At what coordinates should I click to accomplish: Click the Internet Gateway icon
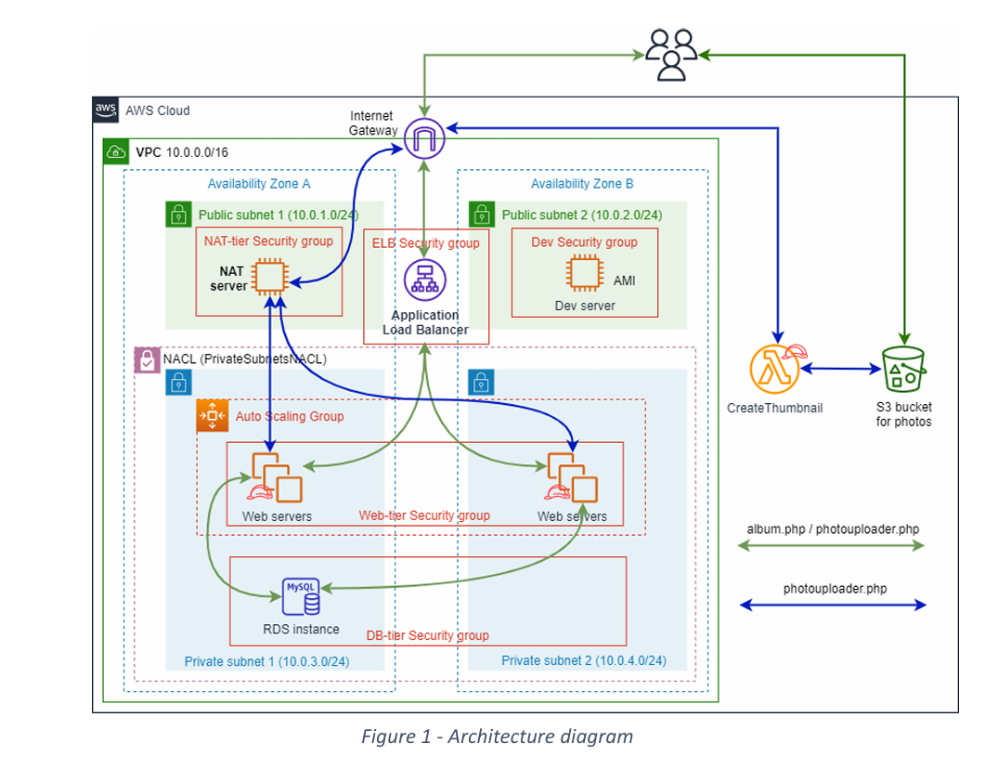[x=425, y=138]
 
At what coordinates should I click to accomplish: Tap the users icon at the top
[x=671, y=54]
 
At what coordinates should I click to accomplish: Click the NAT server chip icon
[x=270, y=277]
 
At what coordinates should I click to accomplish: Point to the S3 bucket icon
[x=903, y=370]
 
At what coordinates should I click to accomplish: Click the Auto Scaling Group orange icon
[x=213, y=416]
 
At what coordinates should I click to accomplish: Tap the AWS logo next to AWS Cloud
[x=106, y=110]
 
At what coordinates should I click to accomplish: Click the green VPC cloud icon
[x=116, y=151]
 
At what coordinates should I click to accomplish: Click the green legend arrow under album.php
[x=832, y=546]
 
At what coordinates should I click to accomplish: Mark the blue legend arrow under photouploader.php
[x=832, y=606]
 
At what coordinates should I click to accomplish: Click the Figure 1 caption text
[x=497, y=736]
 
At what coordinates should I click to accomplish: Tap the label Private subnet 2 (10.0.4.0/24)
[x=583, y=660]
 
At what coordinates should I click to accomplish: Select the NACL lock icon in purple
[x=147, y=360]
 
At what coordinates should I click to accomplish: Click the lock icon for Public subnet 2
[x=482, y=215]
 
